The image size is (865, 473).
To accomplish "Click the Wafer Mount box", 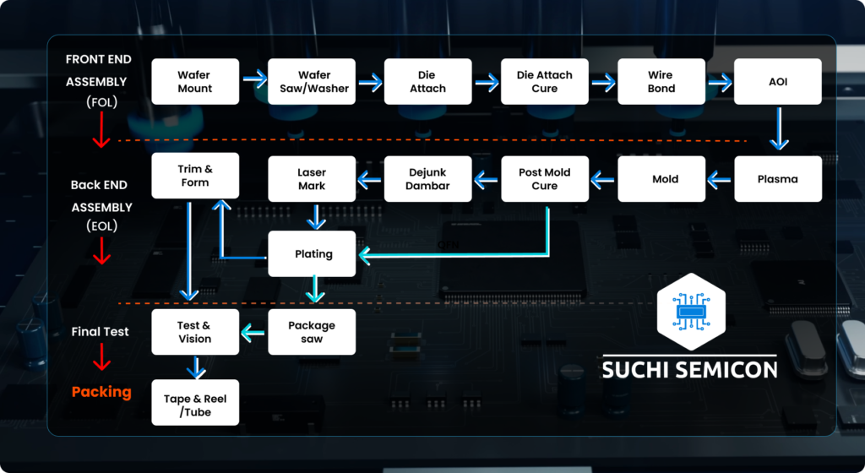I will [x=194, y=82].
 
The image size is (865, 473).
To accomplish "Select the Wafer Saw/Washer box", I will [x=312, y=82].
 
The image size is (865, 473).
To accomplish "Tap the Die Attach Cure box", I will [x=544, y=82].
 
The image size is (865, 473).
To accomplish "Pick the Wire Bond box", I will [x=661, y=82].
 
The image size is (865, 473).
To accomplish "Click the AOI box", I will [x=777, y=82].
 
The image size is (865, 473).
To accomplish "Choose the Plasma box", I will [x=777, y=179].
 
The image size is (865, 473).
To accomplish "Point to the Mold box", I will [x=661, y=179].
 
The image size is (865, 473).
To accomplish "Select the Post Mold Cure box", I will [x=544, y=179].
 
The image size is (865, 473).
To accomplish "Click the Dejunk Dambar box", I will [x=427, y=179].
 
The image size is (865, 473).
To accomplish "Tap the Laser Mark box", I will [x=312, y=179].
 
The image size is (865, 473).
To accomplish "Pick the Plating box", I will [x=312, y=253].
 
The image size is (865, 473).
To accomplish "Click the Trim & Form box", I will [x=194, y=176].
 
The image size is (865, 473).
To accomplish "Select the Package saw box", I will [x=312, y=332].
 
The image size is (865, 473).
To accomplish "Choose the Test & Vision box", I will [x=194, y=332].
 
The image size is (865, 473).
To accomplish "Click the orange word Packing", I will [x=101, y=392].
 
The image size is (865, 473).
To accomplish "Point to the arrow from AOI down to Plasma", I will [x=777, y=130].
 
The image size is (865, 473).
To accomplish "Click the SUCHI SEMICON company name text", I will [x=689, y=370].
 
